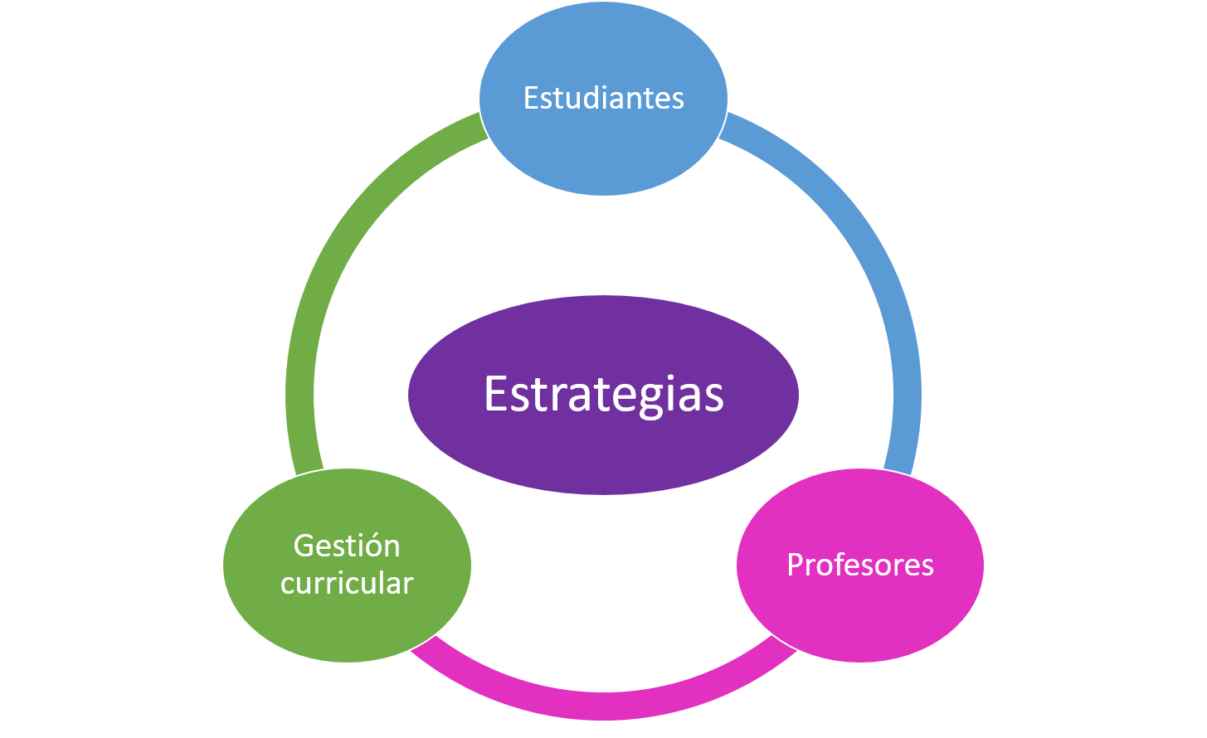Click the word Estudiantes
click(604, 98)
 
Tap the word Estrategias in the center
click(604, 395)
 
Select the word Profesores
click(860, 565)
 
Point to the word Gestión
click(347, 546)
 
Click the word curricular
click(347, 583)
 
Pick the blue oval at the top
click(604, 99)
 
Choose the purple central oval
click(604, 395)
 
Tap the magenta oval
click(860, 565)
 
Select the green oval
click(347, 565)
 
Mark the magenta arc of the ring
click(604, 706)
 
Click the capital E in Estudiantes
click(531, 98)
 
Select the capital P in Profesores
click(795, 565)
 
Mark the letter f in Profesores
click(839, 564)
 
